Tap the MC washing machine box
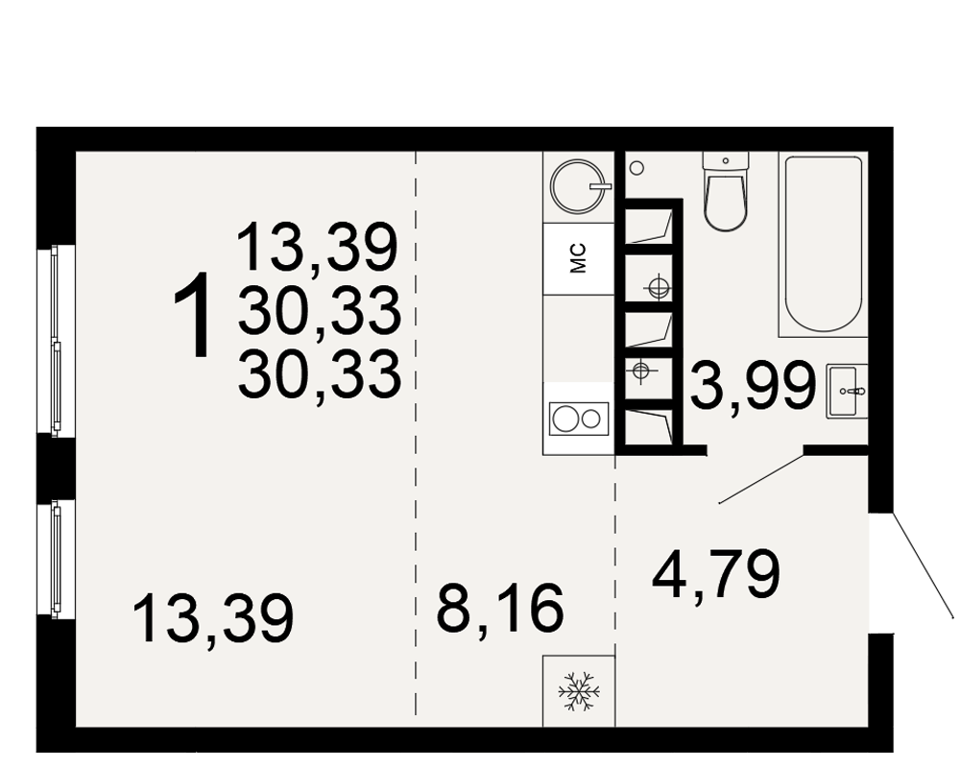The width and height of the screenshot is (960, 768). pyautogui.click(x=579, y=258)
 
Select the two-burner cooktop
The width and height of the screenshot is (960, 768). pyautogui.click(x=579, y=419)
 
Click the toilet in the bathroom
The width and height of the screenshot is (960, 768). pyautogui.click(x=726, y=190)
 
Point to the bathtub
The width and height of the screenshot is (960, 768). pyautogui.click(x=824, y=245)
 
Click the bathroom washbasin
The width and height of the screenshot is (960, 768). pyautogui.click(x=847, y=391)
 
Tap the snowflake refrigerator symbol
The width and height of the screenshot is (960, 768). pyautogui.click(x=579, y=691)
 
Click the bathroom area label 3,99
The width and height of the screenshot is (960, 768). pyautogui.click(x=754, y=385)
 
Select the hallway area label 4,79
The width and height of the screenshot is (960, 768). pyautogui.click(x=716, y=574)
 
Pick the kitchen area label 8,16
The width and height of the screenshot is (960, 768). pyautogui.click(x=499, y=608)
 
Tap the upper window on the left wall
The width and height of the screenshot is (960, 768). pyautogui.click(x=56, y=340)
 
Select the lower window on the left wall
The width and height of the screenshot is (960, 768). pyautogui.click(x=56, y=558)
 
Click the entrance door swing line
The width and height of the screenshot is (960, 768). pyautogui.click(x=923, y=565)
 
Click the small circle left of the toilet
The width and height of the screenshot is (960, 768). pyautogui.click(x=636, y=167)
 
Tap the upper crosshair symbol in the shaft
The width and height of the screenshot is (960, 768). pyautogui.click(x=659, y=286)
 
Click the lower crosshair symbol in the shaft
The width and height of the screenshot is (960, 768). pyautogui.click(x=641, y=370)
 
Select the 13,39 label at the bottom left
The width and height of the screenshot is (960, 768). pyautogui.click(x=213, y=618)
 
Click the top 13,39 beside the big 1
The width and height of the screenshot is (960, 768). pyautogui.click(x=317, y=247)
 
